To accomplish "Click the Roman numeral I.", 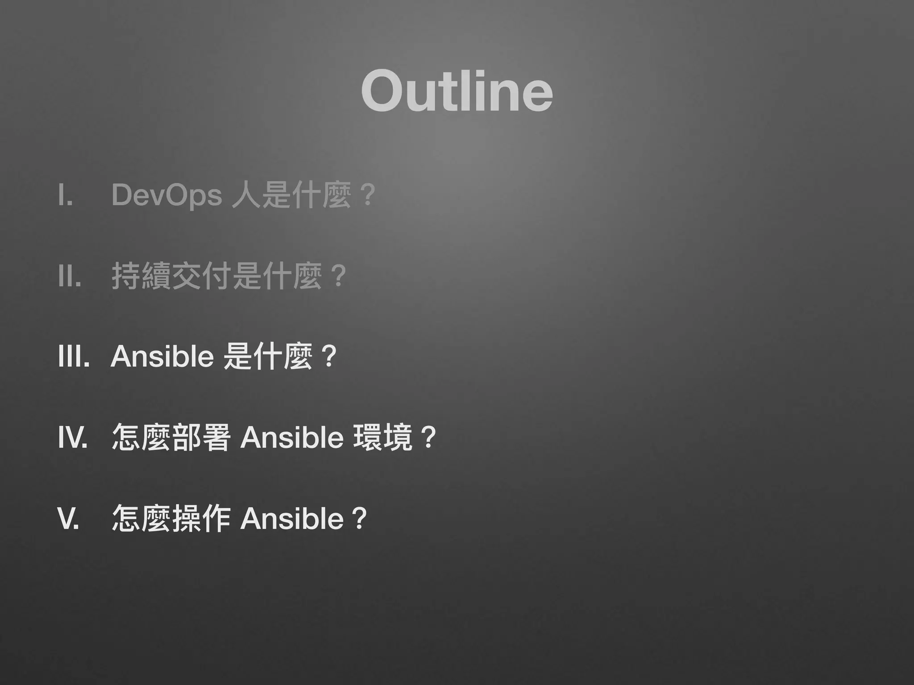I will tap(66, 195).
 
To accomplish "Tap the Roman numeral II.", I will tap(69, 276).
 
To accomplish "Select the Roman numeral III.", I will tap(74, 357).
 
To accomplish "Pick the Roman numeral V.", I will tap(69, 519).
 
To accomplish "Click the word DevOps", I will tap(166, 195).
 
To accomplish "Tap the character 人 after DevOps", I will tap(246, 195).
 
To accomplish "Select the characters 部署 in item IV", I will tap(201, 437).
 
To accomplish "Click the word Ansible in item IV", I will tap(292, 437).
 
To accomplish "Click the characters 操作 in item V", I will tap(201, 519).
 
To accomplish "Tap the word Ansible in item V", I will tap(292, 519).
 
